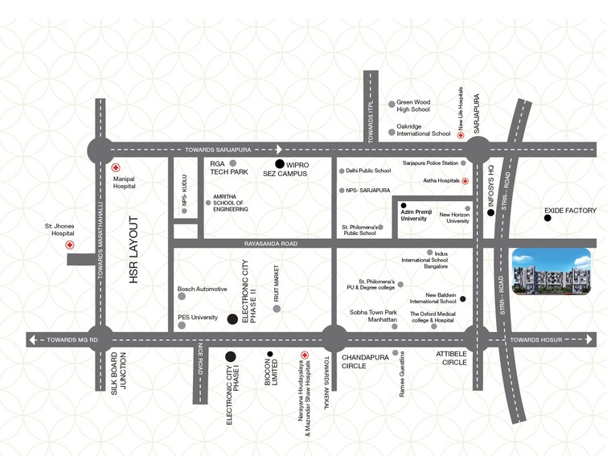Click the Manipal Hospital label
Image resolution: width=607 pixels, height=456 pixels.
pos(124,182)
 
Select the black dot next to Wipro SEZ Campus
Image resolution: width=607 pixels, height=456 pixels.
pos(280,164)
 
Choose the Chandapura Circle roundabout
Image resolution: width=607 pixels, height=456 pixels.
pos(334,339)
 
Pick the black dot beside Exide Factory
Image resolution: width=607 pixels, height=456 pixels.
pos(548,218)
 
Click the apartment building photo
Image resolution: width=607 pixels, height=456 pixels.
pos(551,271)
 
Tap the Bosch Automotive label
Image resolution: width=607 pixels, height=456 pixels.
pos(202,289)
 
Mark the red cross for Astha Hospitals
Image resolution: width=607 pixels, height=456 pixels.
pos(466,182)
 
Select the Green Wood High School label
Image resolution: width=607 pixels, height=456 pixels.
pos(414,105)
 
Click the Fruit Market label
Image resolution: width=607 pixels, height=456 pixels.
pos(276,283)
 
